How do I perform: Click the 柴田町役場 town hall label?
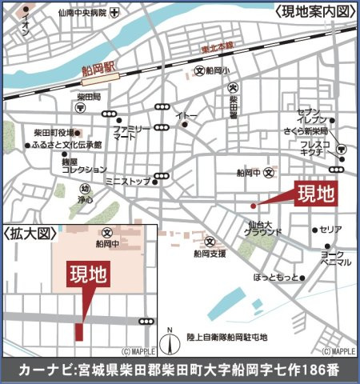pos(54,133)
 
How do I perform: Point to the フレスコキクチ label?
pos(310,148)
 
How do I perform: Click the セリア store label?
pos(330,230)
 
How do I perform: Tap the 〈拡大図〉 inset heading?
pos(32,234)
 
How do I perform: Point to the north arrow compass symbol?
pos(169,342)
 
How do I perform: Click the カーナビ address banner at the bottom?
pos(180,370)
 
